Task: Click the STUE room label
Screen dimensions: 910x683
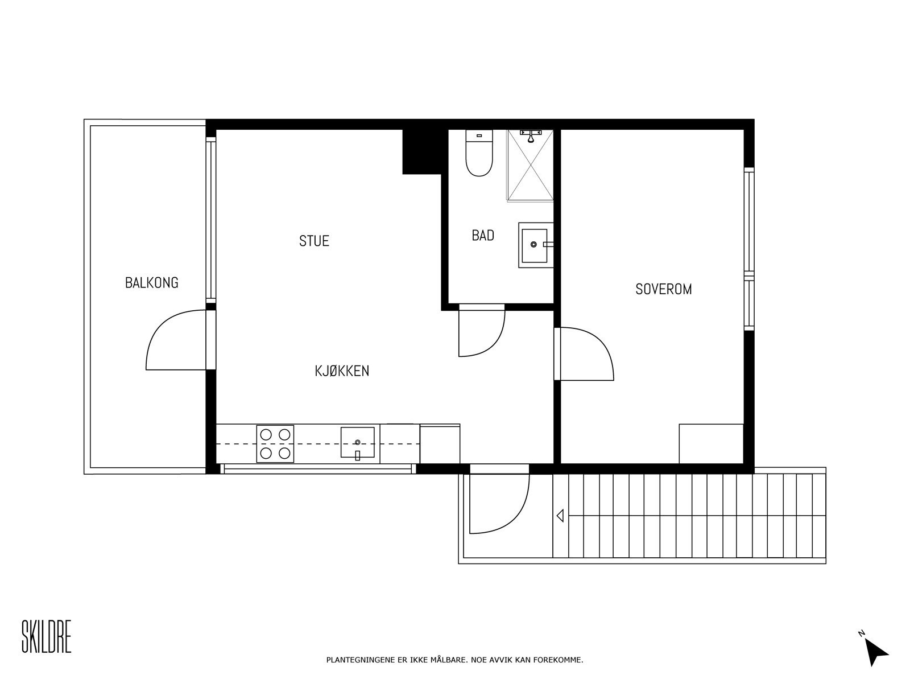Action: [x=315, y=241]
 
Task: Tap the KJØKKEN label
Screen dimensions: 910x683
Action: [x=342, y=371]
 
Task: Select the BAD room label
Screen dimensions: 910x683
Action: [x=483, y=236]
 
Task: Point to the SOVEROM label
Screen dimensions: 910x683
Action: [x=663, y=289]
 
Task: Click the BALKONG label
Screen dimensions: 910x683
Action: [x=152, y=283]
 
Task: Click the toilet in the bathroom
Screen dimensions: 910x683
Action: [x=479, y=153]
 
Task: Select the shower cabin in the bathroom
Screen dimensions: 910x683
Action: [x=530, y=166]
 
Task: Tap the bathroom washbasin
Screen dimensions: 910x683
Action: [x=536, y=245]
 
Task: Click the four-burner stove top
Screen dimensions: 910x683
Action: [x=275, y=444]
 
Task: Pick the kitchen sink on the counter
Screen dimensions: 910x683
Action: [x=357, y=443]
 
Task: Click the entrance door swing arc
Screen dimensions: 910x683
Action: [x=518, y=520]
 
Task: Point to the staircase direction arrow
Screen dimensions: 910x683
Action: [x=560, y=516]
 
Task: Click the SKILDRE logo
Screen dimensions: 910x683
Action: [x=47, y=636]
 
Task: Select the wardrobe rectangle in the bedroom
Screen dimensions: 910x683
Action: [x=711, y=444]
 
